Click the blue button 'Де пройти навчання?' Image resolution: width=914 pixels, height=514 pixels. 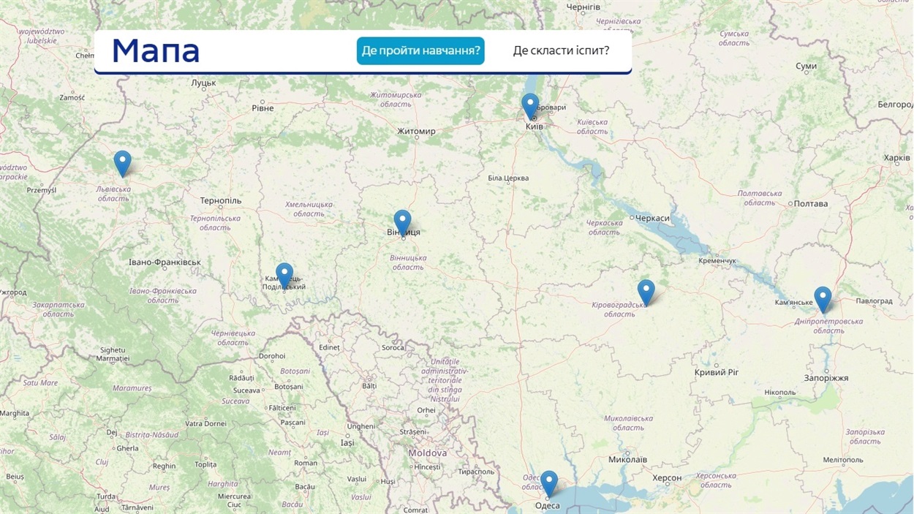[x=420, y=50]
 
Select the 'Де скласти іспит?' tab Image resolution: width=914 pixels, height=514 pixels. [x=561, y=50]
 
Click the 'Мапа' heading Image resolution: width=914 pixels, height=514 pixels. [x=156, y=50]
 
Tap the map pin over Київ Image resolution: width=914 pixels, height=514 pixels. [x=530, y=105]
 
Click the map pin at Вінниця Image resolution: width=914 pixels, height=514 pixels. [x=402, y=221]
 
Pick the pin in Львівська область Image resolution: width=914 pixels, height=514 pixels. [x=122, y=162]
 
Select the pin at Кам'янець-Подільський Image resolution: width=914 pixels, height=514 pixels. [x=284, y=275]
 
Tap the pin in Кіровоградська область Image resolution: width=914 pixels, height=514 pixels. [x=646, y=291]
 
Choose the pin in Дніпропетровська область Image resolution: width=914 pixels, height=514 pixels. [x=823, y=298]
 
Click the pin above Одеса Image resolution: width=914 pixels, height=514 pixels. [x=548, y=483]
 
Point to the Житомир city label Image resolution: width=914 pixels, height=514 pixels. [x=416, y=132]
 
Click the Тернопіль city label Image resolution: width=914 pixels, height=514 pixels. [x=221, y=200]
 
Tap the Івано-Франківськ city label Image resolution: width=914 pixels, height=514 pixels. [x=165, y=262]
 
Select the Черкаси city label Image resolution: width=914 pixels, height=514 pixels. [x=652, y=218]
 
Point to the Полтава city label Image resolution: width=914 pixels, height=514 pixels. [x=810, y=203]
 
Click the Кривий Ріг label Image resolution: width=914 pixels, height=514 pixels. [x=717, y=372]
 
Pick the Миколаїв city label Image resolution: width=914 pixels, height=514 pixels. [x=627, y=459]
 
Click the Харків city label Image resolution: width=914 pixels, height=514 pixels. [x=896, y=157]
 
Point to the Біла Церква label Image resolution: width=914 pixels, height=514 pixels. [x=508, y=178]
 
